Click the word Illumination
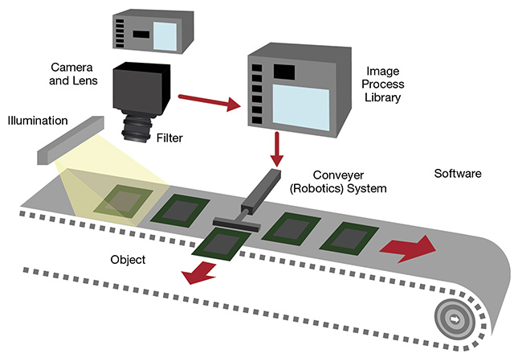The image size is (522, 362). click(37, 121)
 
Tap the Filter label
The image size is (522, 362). click(170, 138)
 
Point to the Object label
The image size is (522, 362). click(127, 261)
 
